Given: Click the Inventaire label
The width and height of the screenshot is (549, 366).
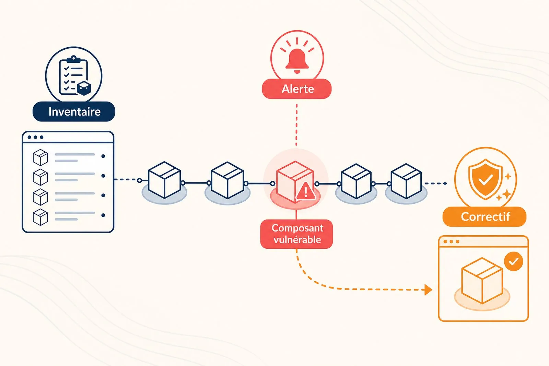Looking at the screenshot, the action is click(x=74, y=111).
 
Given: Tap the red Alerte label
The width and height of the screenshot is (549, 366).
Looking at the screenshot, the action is click(x=297, y=89).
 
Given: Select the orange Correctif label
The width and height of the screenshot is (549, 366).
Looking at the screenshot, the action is click(x=484, y=216).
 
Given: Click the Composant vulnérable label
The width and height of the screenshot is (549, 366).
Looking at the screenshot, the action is click(x=296, y=234).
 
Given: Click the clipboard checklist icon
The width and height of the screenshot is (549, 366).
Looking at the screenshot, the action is click(x=73, y=75).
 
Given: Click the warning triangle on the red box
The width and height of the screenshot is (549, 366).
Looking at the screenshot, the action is click(x=306, y=191).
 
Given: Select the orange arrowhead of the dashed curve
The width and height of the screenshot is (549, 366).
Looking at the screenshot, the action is click(x=428, y=290).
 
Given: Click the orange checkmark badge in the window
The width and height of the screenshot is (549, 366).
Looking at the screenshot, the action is click(x=513, y=261).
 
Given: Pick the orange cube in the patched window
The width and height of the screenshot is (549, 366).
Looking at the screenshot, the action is click(x=482, y=281).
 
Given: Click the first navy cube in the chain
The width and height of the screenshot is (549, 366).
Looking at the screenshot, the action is click(x=164, y=180).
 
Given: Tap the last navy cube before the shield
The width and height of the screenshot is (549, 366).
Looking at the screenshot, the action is click(x=406, y=181).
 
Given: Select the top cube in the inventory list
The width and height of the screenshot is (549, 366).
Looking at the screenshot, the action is click(x=40, y=157).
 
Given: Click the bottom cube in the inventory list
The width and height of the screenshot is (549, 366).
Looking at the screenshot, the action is click(x=40, y=217).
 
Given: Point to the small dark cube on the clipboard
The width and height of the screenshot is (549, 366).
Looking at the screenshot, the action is click(x=84, y=88).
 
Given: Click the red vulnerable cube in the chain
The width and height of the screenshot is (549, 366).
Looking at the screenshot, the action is click(x=295, y=182).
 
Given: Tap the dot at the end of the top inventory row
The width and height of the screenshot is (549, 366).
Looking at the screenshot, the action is click(x=103, y=156).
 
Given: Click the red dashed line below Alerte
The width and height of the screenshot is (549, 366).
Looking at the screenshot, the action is click(x=296, y=125).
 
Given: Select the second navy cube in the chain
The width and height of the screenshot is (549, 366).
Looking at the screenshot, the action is click(x=227, y=180).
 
